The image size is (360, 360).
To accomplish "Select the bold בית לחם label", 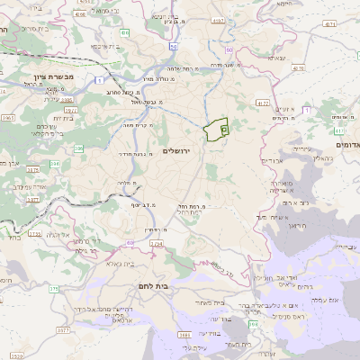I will [x=155, y=286].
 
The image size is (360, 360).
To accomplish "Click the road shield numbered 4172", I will [x=263, y=103].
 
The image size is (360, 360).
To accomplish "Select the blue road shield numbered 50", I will [x=173, y=45].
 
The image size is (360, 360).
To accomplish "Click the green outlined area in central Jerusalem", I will [x=216, y=131].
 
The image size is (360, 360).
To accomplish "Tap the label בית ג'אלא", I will [x=117, y=264].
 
